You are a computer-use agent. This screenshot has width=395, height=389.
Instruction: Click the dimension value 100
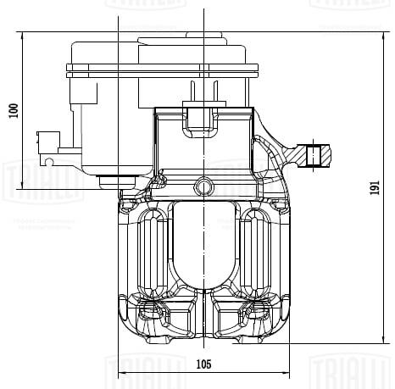[13, 110]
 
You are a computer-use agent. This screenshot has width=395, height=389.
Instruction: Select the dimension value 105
[203, 365]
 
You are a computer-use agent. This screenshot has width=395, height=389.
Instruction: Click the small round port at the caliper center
[203, 184]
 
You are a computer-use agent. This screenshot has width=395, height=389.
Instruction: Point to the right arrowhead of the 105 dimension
[288, 373]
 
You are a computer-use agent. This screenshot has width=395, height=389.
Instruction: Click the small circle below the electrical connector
[50, 160]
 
